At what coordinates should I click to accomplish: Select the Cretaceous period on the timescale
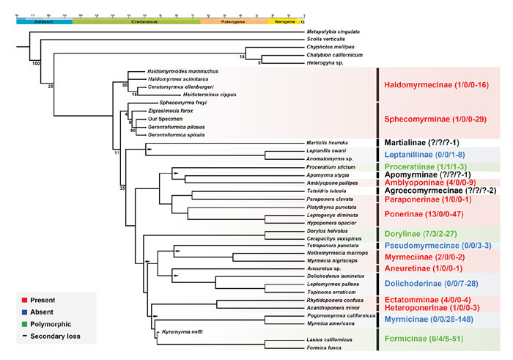tap(136, 22)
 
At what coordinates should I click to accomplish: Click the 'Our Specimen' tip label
tap(165, 118)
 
